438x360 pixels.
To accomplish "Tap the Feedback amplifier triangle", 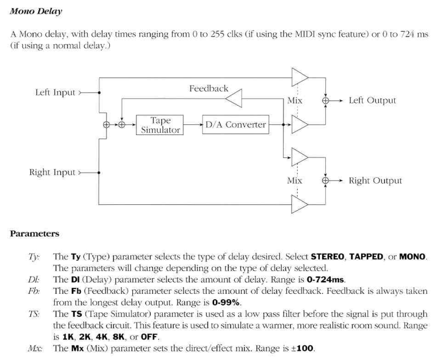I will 234,99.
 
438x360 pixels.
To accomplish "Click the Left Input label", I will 55,92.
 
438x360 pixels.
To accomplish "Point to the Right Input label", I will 52,172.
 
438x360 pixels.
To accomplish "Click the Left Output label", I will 372,100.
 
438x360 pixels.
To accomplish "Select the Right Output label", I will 375,181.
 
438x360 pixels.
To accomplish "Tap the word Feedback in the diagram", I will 208,88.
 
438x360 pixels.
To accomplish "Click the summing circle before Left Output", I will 326,101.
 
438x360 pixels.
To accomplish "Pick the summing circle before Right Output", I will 326,181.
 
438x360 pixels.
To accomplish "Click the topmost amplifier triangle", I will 299,77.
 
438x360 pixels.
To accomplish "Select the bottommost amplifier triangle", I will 299,204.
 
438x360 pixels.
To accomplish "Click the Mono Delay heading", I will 36,11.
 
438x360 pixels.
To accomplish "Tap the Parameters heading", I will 34,233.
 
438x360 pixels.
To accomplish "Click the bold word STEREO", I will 328,257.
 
